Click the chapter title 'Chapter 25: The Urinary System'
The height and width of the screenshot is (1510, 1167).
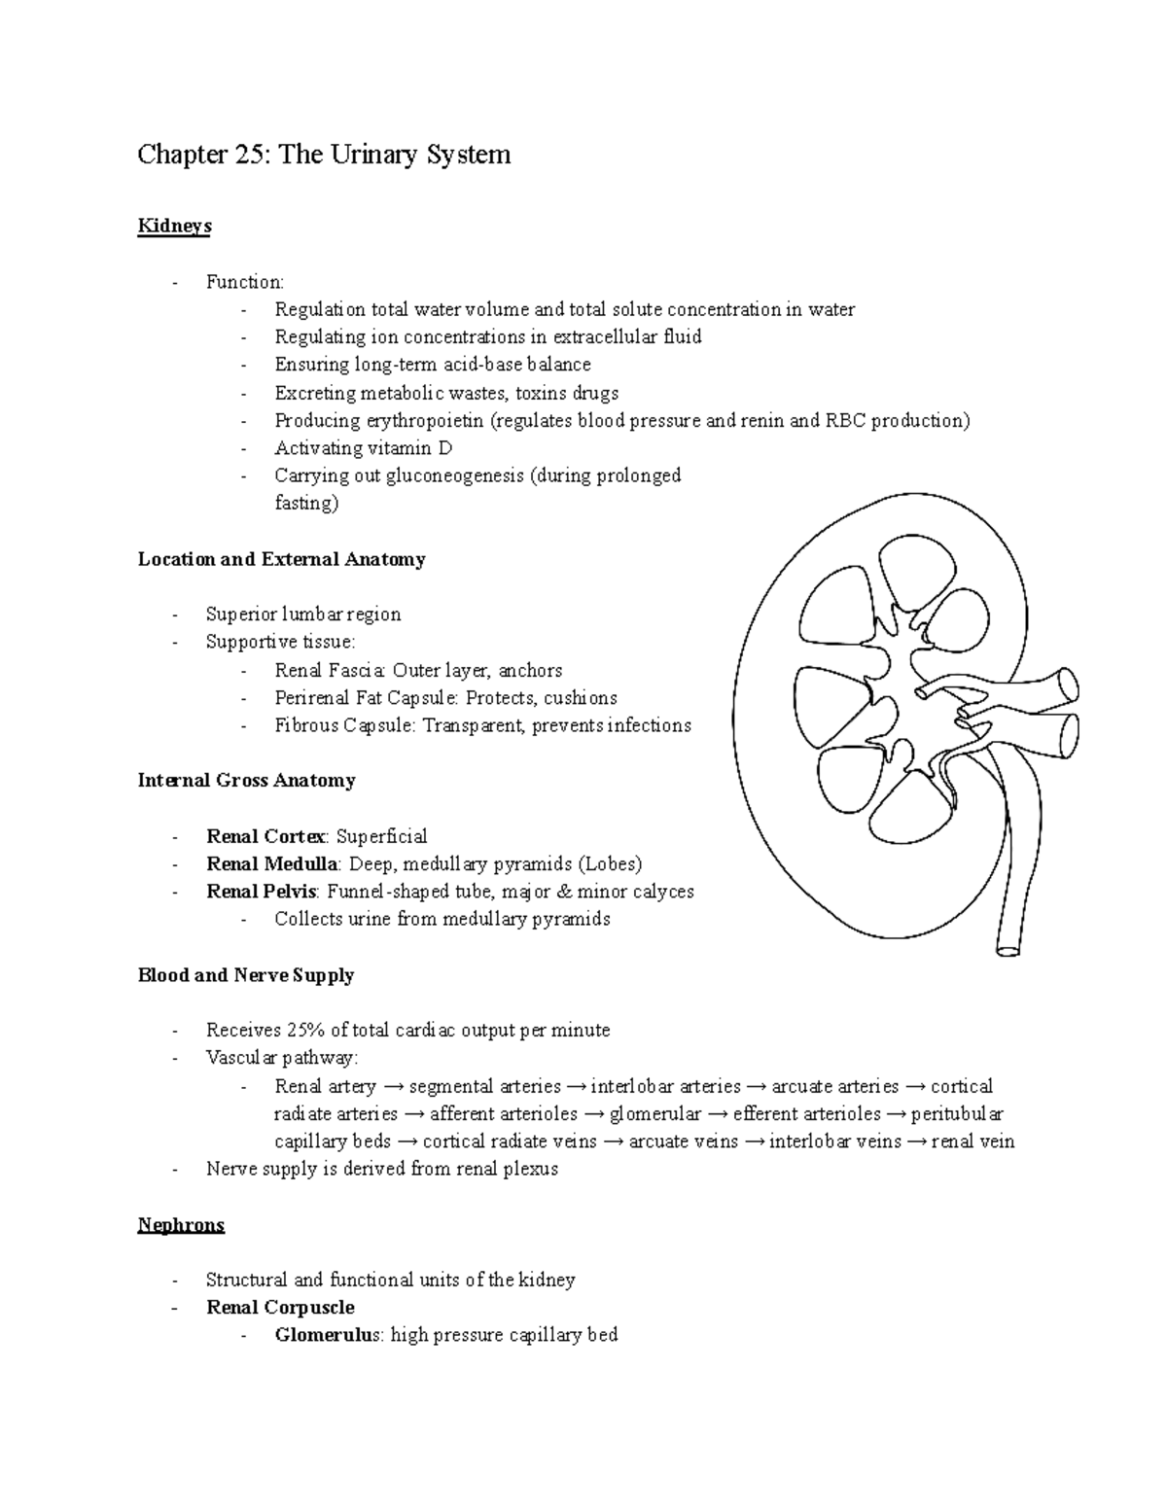tap(324, 155)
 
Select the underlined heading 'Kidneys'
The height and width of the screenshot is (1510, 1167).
tap(174, 227)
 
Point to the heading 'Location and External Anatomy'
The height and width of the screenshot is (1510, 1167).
tap(281, 559)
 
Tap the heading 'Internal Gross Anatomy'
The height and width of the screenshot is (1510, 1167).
tap(246, 781)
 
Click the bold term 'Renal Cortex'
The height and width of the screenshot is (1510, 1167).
tap(265, 837)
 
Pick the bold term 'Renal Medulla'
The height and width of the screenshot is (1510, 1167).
tap(271, 864)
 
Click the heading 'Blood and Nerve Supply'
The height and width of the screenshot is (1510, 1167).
tap(245, 975)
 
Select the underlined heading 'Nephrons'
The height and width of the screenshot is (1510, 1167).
tap(181, 1225)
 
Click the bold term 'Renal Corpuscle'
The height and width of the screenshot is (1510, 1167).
tap(280, 1308)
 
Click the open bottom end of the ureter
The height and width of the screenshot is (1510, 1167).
tap(1008, 944)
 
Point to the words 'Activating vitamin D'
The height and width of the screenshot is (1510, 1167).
tap(364, 448)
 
